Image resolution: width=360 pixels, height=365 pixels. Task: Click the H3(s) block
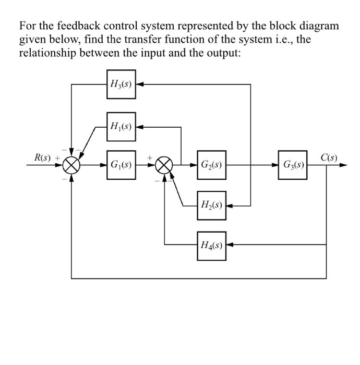pyautogui.click(x=121, y=84)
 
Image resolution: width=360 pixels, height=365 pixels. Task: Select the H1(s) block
pyautogui.click(x=121, y=126)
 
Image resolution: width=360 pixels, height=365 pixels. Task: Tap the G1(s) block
pyautogui.click(x=121, y=165)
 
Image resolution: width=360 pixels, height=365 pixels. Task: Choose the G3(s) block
pyautogui.click(x=293, y=165)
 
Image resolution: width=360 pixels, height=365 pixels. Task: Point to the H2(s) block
pyautogui.click(x=211, y=205)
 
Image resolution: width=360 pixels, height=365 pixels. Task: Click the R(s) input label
pyautogui.click(x=43, y=157)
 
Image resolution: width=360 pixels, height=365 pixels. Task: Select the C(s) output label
pyautogui.click(x=329, y=157)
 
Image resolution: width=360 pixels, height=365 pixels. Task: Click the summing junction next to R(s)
pyautogui.click(x=71, y=165)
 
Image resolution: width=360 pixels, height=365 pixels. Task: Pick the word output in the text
pyautogui.click(x=224, y=54)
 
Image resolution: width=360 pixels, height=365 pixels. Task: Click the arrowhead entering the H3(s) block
pyautogui.click(x=140, y=84)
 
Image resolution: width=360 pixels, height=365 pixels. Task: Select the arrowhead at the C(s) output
pyautogui.click(x=343, y=165)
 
